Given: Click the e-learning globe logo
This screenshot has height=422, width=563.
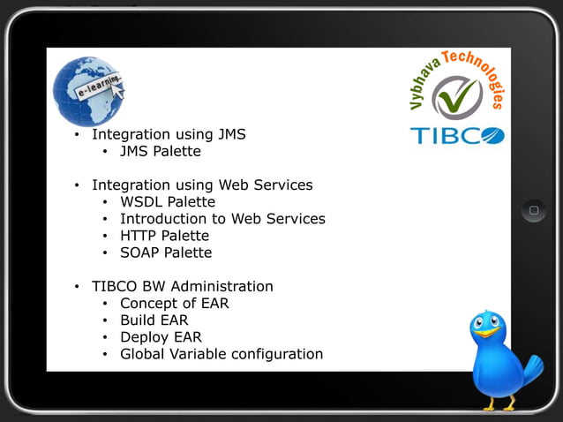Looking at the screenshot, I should (87, 90).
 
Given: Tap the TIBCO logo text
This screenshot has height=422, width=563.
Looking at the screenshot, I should (456, 136).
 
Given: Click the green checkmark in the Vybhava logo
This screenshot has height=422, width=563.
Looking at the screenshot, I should (457, 97).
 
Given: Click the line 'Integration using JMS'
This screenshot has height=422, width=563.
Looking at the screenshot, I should (169, 135).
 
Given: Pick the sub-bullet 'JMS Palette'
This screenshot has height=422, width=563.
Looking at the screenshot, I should (161, 152).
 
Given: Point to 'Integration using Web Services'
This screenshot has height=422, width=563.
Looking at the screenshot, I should (202, 185).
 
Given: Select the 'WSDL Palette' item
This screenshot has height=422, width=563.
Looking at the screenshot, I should (168, 202).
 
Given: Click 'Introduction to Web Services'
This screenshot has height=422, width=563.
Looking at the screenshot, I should (222, 219).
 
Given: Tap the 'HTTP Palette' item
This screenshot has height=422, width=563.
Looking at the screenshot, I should (164, 236).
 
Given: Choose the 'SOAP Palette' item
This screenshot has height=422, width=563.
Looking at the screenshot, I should (166, 252).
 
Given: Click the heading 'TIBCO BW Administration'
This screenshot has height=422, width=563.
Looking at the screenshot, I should (183, 287).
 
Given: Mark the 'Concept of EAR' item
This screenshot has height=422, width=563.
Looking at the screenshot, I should (175, 304).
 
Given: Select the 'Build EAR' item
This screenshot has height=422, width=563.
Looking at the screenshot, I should (154, 320).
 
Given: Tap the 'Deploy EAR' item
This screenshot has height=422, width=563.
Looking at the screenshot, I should (161, 337).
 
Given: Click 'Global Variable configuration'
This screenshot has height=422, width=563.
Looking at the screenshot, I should (221, 354).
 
